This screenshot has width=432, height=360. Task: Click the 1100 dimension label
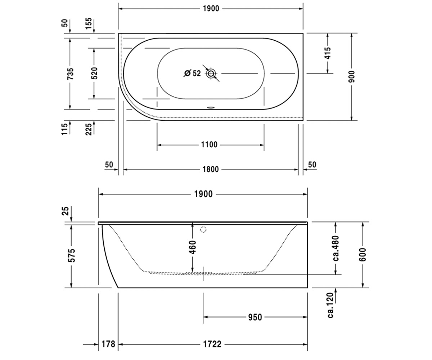(209, 145)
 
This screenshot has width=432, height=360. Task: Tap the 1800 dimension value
(210, 170)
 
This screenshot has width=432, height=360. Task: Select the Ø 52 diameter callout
(192, 73)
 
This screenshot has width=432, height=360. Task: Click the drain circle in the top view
(211, 73)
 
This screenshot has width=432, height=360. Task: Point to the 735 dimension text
(70, 74)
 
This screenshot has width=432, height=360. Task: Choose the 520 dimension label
(94, 73)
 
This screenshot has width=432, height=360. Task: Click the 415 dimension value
(328, 53)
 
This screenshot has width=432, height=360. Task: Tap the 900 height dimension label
(351, 77)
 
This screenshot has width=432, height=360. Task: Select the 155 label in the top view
(88, 24)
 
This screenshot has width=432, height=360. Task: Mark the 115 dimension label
(65, 129)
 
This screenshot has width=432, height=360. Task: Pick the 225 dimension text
(88, 129)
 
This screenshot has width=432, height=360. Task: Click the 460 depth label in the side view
(192, 247)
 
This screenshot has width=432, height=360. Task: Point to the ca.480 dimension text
(336, 248)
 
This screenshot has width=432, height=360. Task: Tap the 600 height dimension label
(363, 255)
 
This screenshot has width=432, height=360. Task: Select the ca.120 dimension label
(331, 305)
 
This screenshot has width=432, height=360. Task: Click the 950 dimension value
(255, 317)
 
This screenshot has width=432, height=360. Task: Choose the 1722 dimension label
(212, 344)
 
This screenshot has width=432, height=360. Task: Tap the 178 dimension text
(108, 344)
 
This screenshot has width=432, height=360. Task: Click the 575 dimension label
(72, 256)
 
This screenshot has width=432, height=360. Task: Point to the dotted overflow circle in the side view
(203, 229)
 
